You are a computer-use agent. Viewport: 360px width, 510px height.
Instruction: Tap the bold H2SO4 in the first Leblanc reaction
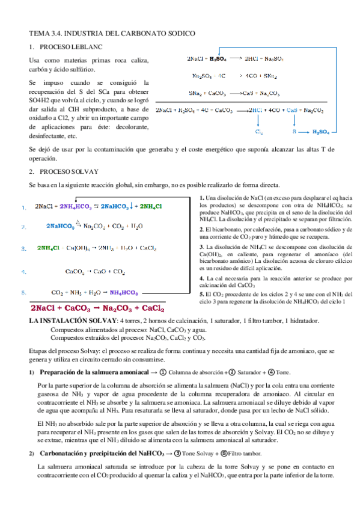coord(218,59)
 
